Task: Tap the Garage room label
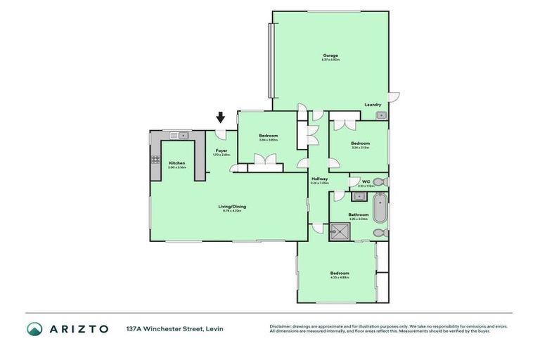point(330,56)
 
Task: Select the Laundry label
point(373,105)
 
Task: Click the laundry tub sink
point(380,115)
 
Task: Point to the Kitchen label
point(176,163)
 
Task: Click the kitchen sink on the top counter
point(182,134)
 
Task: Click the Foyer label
point(221,150)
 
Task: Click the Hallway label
point(319,179)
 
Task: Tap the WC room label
point(366,182)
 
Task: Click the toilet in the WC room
point(380,181)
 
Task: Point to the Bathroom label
point(359,214)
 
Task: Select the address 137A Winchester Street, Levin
point(175,328)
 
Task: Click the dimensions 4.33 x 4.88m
point(340,278)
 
